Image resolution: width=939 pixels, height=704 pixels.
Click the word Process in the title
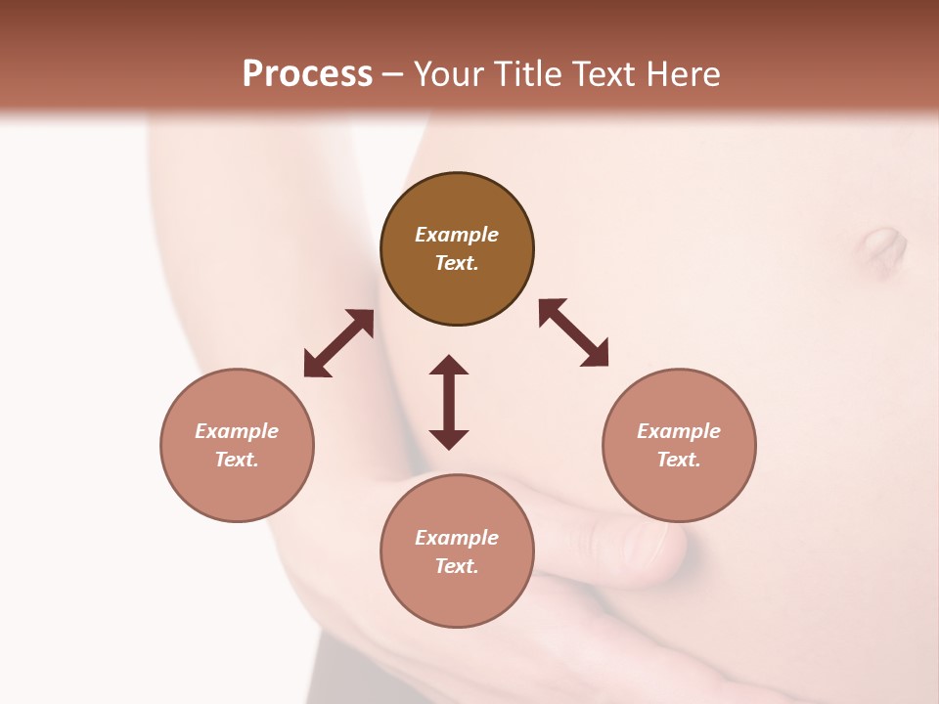[307, 74]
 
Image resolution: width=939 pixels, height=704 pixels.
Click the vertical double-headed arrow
[449, 402]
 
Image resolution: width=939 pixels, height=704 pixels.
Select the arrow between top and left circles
[338, 343]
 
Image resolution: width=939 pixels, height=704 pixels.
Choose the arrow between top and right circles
[573, 332]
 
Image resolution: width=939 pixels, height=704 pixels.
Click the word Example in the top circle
[457, 235]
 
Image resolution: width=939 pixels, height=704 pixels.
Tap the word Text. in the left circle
[237, 460]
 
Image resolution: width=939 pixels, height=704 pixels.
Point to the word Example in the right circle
[679, 431]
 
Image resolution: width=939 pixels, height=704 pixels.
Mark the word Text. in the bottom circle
[457, 566]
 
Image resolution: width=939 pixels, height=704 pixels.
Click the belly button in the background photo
[883, 248]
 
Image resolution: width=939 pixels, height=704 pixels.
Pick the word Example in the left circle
[237, 431]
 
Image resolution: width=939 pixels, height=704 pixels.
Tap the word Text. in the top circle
[457, 263]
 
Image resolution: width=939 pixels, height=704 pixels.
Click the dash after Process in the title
[392, 74]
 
